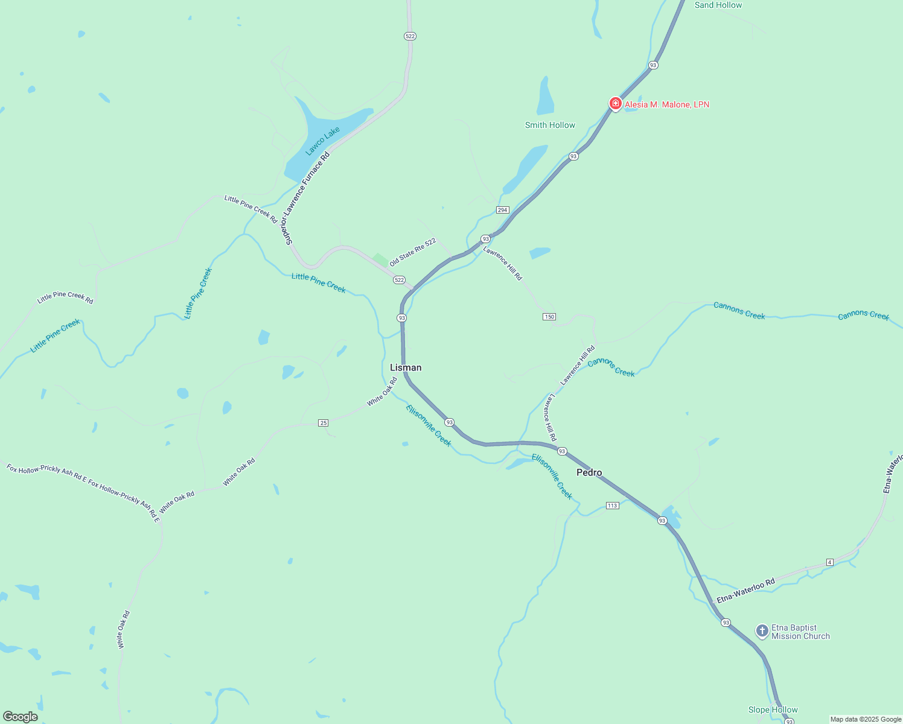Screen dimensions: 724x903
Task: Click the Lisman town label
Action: [x=406, y=367]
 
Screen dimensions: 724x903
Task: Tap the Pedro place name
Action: [x=589, y=472]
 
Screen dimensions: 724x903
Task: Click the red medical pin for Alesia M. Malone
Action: [x=615, y=104]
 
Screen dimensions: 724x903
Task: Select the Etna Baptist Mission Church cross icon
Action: [x=762, y=632]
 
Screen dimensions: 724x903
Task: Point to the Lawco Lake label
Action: [x=323, y=141]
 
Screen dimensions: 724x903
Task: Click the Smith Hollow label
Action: [x=550, y=125]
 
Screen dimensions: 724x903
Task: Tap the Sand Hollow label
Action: [x=718, y=5]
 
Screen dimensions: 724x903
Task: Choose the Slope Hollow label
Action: [x=773, y=710]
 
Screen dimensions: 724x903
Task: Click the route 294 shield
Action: [x=502, y=210]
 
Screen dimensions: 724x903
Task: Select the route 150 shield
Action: [x=549, y=317]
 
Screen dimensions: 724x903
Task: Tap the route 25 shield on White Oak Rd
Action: [x=324, y=423]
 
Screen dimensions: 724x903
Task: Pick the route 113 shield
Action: [x=612, y=506]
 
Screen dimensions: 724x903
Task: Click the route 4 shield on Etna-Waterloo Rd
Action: [x=830, y=562]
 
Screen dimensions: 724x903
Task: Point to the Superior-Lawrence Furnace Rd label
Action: [x=308, y=198]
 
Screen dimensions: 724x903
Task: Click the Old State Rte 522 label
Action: [x=412, y=252]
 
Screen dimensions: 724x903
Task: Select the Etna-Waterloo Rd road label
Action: [x=745, y=591]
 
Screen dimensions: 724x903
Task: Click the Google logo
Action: [x=21, y=717]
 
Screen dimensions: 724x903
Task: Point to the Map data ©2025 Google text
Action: [x=866, y=719]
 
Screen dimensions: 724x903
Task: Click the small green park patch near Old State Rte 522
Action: [x=380, y=260]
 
